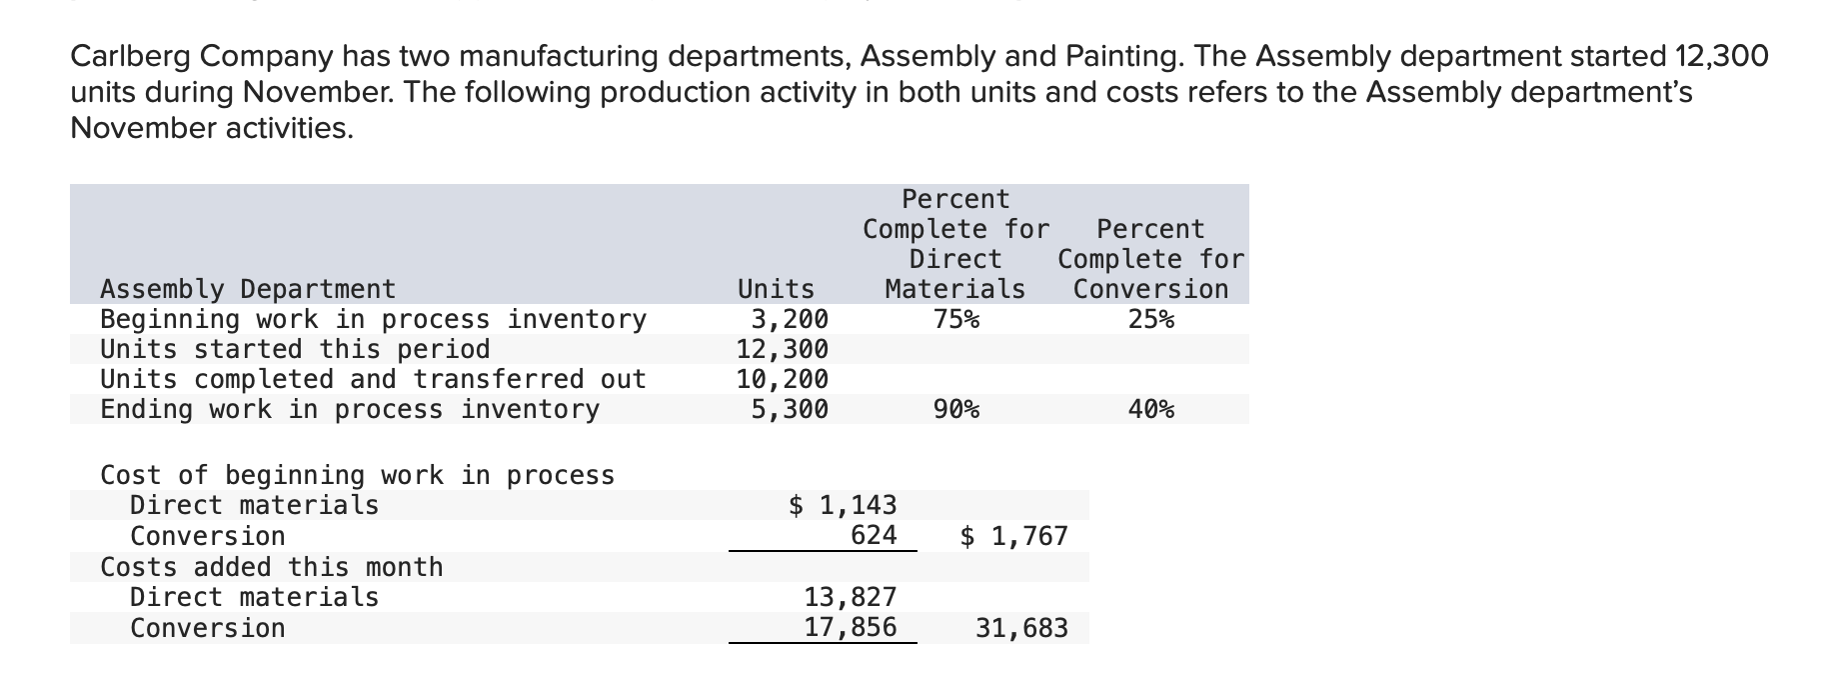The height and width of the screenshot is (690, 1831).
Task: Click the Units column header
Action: [x=776, y=289]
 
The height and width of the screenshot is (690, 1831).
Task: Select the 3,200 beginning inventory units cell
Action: [x=790, y=319]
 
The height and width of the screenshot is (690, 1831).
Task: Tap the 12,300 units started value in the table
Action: [x=783, y=349]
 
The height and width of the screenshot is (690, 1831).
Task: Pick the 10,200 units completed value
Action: [x=783, y=379]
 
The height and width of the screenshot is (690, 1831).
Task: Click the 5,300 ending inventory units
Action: [x=790, y=409]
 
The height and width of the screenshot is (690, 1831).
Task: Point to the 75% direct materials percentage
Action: [x=955, y=319]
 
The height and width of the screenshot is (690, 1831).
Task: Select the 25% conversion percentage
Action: [x=1150, y=319]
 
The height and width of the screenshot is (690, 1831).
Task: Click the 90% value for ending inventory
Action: [x=955, y=409]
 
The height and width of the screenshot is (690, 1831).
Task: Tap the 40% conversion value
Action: [x=1150, y=409]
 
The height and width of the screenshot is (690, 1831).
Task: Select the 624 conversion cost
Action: [x=874, y=536]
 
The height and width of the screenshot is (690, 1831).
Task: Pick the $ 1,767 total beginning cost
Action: [x=1013, y=536]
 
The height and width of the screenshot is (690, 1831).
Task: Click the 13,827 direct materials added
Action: [x=851, y=597]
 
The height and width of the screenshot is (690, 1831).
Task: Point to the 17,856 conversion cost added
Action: [x=851, y=628]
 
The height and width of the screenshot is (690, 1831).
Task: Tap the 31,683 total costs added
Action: [x=1021, y=628]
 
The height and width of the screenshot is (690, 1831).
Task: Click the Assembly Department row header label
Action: [x=248, y=289]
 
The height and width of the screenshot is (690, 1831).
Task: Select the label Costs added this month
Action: [x=271, y=567]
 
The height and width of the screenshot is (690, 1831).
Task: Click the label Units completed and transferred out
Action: [x=373, y=379]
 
